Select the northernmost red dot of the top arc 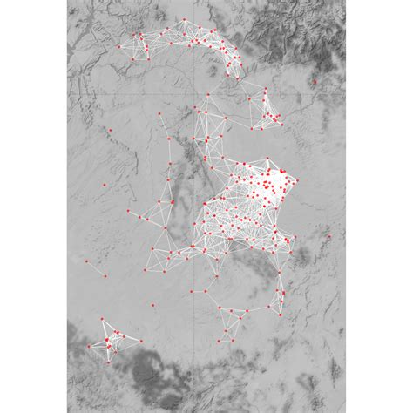(x=185, y=19)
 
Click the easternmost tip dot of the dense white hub (x=296, y=181)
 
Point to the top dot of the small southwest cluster (x=103, y=321)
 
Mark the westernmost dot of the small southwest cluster (x=88, y=346)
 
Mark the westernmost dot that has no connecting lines (x=87, y=260)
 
